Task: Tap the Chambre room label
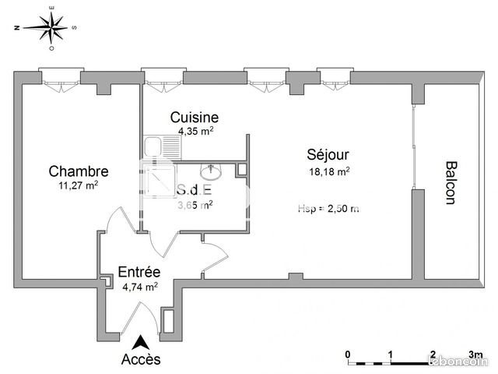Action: pos(78,171)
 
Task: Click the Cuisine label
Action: pos(195,118)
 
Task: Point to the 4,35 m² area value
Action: pos(195,131)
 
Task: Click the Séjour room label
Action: pos(328,155)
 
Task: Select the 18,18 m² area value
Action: pos(329,171)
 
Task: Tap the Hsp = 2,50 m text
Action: pos(328,208)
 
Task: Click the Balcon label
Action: pos(450,182)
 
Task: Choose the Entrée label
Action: pos(139,272)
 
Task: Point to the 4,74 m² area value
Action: pos(140,286)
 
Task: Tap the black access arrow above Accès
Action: pos(141,340)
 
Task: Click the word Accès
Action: pos(142,359)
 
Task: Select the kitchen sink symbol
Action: pos(153,146)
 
